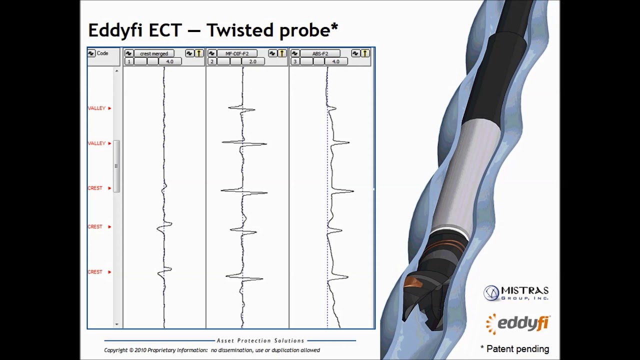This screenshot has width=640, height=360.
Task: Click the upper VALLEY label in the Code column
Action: pos(97,108)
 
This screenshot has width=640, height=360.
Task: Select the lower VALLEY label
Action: pos(97,143)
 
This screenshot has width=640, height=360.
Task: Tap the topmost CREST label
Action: pos(95,188)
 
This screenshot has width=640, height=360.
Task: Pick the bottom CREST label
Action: pos(95,272)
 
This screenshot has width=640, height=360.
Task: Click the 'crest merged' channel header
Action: pos(154,53)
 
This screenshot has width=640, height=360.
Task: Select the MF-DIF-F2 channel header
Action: pos(237,53)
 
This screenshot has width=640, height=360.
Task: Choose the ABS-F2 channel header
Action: pos(320,53)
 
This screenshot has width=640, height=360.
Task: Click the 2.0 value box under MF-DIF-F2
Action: pos(252,61)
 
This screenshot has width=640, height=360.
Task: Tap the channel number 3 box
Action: pos(295,61)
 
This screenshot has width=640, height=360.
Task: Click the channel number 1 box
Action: pos(129,61)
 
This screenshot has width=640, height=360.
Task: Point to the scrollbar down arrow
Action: pos(116,324)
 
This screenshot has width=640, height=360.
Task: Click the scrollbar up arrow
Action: pos(116,71)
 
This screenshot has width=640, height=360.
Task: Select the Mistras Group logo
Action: pos(516,293)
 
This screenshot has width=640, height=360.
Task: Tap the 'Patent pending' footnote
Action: pos(515,349)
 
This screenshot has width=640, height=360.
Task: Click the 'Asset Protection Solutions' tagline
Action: pos(260,340)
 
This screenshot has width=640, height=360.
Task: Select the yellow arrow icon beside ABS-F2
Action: pos(365,53)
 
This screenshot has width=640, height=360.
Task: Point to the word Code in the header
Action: pos(102,53)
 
